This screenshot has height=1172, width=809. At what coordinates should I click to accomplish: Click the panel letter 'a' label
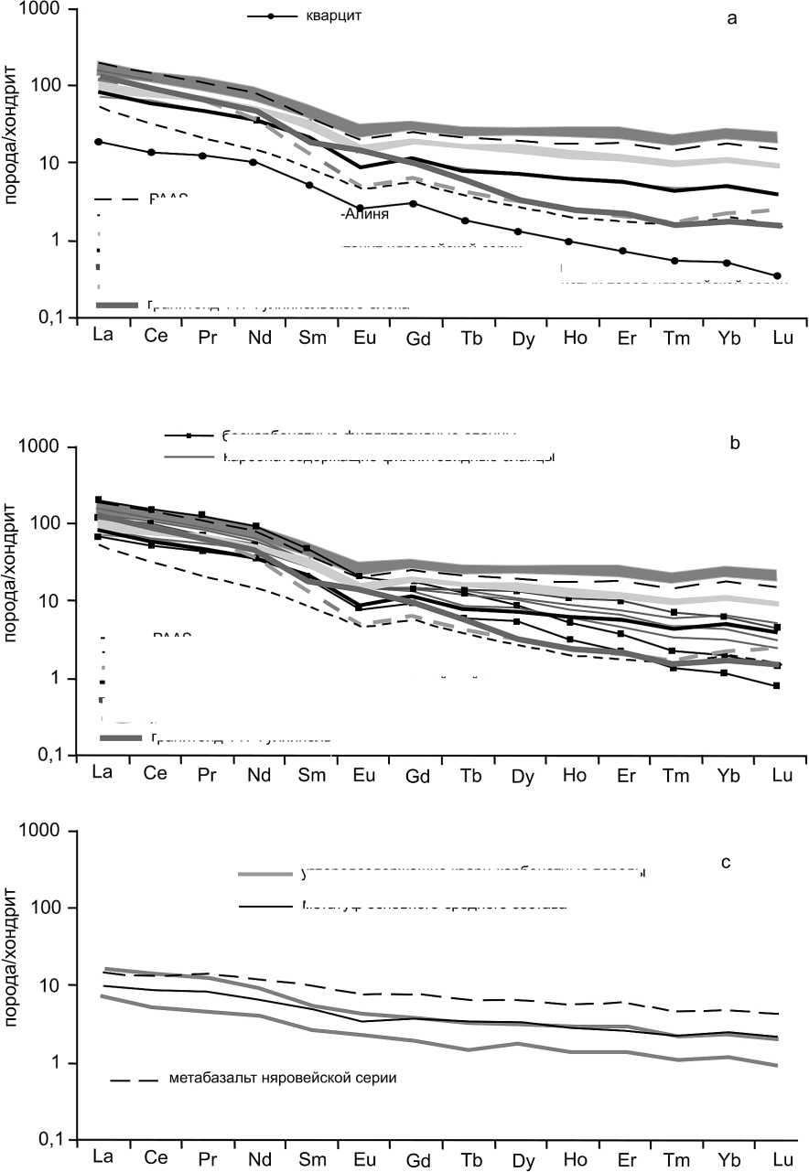point(731,19)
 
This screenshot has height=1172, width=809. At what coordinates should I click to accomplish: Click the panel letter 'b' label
point(733,445)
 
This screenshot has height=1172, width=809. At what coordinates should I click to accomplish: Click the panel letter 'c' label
point(725,861)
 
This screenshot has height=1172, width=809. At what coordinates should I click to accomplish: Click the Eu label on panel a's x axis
point(364,336)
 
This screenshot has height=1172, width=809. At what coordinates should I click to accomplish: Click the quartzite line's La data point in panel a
point(98,142)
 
